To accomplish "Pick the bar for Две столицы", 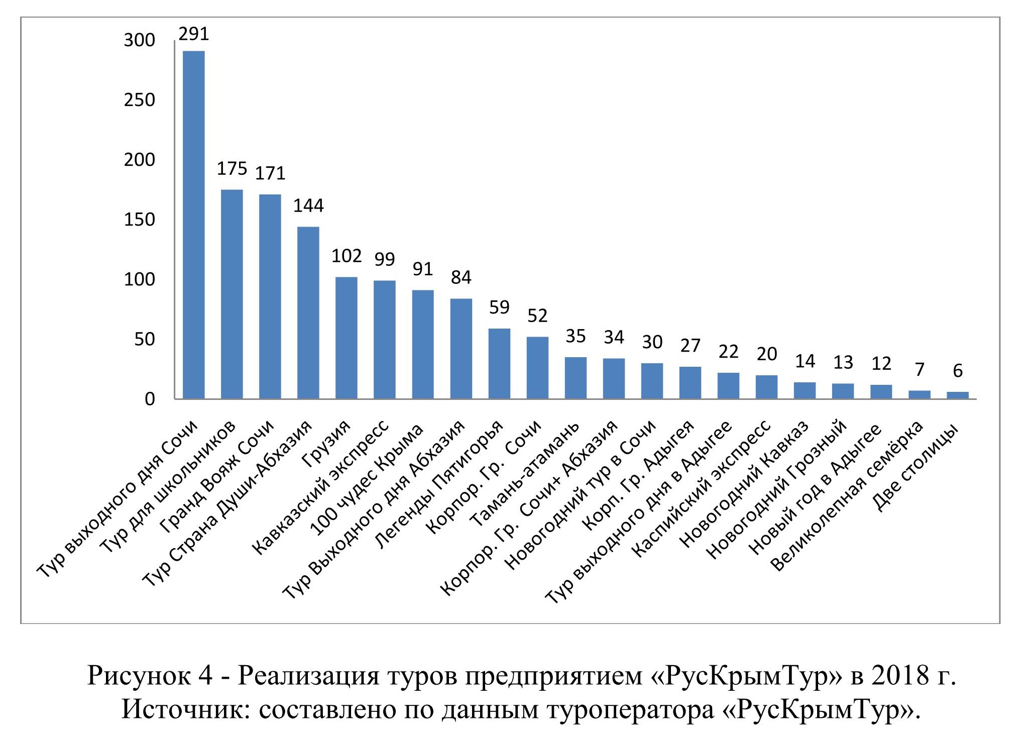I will tap(957, 395).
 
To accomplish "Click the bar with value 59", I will tap(499, 364).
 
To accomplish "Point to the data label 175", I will tap(232, 169).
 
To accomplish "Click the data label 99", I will tap(385, 259).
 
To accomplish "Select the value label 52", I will tap(537, 316).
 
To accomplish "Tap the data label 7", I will tap(920, 370).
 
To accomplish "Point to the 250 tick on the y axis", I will tap(140, 100).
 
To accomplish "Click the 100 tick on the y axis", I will tap(140, 279).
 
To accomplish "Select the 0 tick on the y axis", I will tap(150, 399).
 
